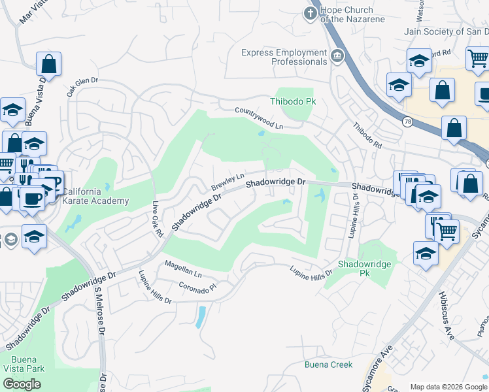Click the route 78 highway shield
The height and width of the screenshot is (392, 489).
click(x=408, y=122)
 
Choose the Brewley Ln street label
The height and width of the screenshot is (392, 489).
click(x=228, y=182)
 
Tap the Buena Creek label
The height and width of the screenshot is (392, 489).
click(x=328, y=365)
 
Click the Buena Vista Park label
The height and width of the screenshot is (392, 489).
click(x=27, y=364)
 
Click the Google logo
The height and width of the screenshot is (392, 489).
click(x=22, y=384)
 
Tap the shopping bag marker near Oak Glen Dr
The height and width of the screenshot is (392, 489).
click(x=48, y=65)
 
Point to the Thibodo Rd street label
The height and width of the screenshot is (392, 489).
click(x=367, y=137)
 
